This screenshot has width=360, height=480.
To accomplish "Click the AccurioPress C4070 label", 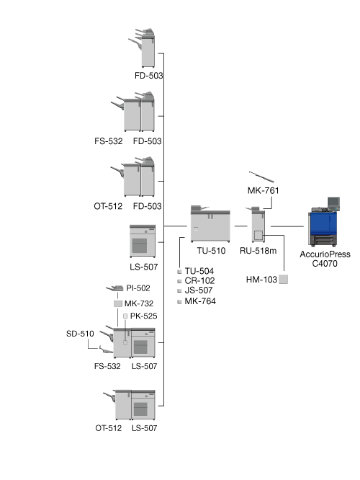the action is click(x=325, y=259).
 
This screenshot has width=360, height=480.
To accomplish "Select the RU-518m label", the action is click(x=258, y=251).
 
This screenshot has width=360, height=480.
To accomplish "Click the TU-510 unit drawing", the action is click(x=210, y=223).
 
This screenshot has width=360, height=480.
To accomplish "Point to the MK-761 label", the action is click(x=264, y=191).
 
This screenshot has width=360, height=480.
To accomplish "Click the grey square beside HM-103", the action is click(x=283, y=279).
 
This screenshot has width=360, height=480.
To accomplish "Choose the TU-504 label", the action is click(x=199, y=271).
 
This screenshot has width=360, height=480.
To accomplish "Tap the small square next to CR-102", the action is click(x=179, y=281).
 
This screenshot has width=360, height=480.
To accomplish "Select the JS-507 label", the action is click(x=199, y=290).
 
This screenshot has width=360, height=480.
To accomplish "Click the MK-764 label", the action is click(x=200, y=301).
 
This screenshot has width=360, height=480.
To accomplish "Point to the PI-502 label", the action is click(x=138, y=288).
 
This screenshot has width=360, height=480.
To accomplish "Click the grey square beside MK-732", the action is click(x=118, y=303).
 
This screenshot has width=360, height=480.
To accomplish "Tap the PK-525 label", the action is click(x=144, y=316).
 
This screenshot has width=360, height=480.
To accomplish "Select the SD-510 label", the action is click(x=80, y=334).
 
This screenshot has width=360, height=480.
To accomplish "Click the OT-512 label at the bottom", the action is click(x=108, y=428).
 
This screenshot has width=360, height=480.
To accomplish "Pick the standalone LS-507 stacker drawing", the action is click(x=143, y=241).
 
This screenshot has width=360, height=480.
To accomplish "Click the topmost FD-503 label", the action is click(x=148, y=76).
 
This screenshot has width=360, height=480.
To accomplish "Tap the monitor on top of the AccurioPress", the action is click(x=333, y=203).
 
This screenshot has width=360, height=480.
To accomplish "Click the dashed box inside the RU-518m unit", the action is click(x=258, y=236).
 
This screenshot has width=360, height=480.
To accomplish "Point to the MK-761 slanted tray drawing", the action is click(x=261, y=177).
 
